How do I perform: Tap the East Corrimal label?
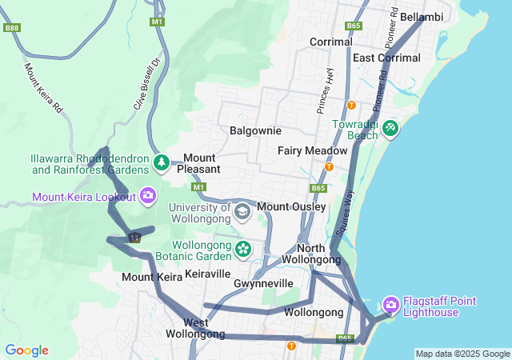386,58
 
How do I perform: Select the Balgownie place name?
255,130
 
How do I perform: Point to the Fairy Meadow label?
312,150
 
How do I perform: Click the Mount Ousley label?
291,207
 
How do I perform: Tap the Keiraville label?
207,274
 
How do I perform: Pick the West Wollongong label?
194,328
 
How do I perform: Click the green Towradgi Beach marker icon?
390,128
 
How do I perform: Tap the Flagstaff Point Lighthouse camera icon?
391,304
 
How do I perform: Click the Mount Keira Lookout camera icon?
147,195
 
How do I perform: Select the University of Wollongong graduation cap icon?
242,212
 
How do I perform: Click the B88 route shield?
11,27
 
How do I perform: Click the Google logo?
26,350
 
